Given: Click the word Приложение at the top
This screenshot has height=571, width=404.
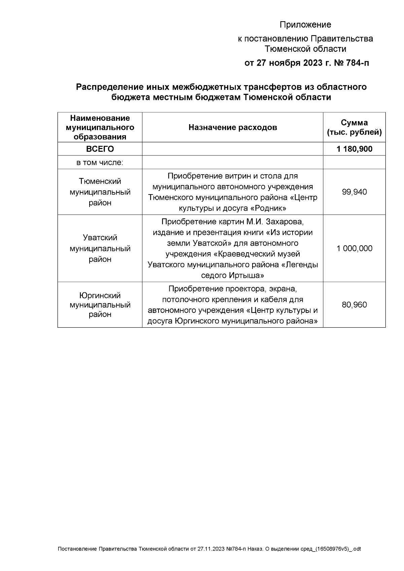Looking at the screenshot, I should (305, 25).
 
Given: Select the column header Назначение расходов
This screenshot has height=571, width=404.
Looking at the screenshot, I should (233, 128).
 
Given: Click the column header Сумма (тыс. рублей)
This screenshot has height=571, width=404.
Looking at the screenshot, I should (354, 128).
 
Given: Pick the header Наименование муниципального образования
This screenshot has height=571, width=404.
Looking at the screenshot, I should (100, 128).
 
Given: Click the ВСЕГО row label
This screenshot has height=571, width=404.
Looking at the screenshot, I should (100, 149).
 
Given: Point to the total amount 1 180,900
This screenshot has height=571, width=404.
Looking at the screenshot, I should (354, 149).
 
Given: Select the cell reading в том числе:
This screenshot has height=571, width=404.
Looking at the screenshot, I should (100, 163).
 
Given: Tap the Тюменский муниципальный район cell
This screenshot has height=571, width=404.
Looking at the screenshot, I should (100, 192).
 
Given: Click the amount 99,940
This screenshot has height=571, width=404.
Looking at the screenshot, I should (354, 192).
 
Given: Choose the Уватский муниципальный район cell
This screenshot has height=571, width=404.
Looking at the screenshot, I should (100, 249).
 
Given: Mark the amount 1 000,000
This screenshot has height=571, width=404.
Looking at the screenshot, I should (354, 249).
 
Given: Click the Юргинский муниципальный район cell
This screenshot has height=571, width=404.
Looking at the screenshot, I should (100, 305).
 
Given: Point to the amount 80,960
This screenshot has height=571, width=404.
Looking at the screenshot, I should (354, 305).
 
